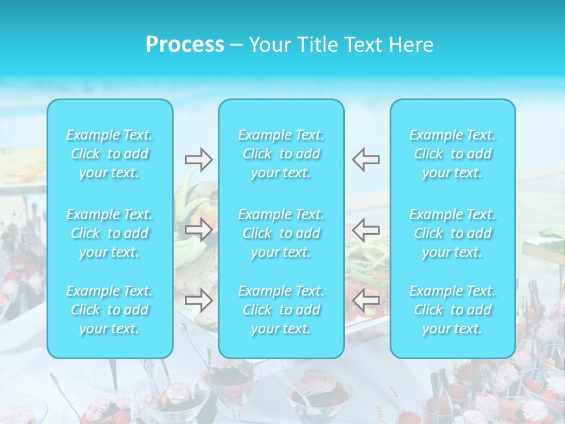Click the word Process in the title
click(x=185, y=45)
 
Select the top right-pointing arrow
click(x=198, y=160)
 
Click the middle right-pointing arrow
click(x=198, y=230)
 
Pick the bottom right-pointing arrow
click(x=198, y=300)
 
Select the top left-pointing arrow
click(x=366, y=160)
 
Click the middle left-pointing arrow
click(x=366, y=230)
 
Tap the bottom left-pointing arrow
click(x=366, y=300)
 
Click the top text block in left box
click(x=109, y=154)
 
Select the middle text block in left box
click(x=109, y=233)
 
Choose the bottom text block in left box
click(x=109, y=310)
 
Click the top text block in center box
click(x=281, y=154)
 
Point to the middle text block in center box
click(x=281, y=233)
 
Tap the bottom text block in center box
click(x=281, y=310)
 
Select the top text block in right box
click(x=453, y=154)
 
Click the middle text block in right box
click(x=453, y=233)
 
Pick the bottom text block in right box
click(x=453, y=310)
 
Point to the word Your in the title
click(x=268, y=45)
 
